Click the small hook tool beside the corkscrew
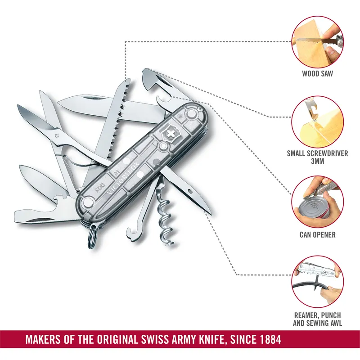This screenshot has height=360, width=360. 139,225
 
